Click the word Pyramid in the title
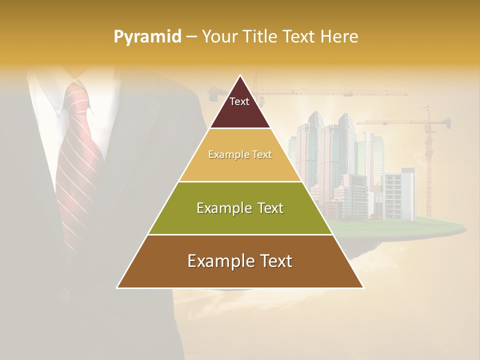pos(147,36)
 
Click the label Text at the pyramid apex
pos(239,101)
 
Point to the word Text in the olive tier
pos(267,208)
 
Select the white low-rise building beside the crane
pos(400,195)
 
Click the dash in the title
pos(191,36)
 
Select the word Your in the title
pos(219,36)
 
